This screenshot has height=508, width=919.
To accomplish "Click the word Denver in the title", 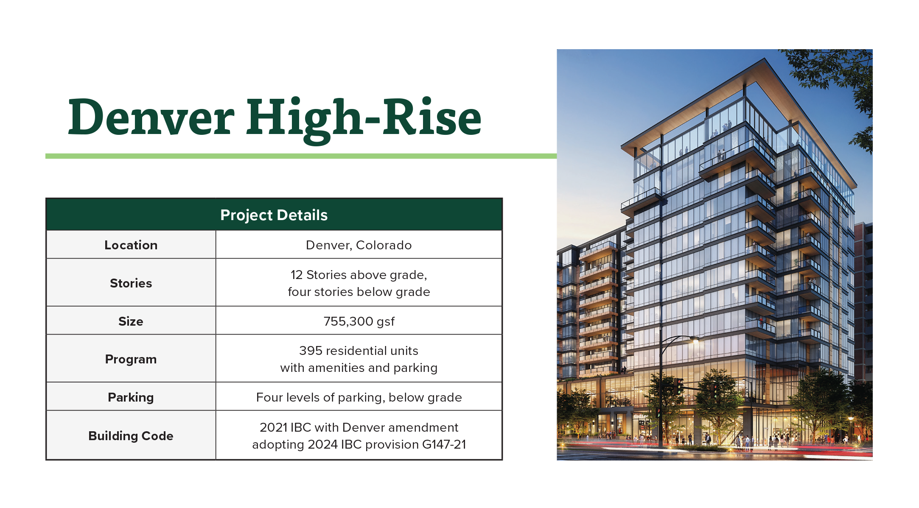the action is point(151,117).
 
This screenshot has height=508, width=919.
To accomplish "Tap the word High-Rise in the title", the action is point(364,120).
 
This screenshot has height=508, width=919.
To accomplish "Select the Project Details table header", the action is point(274,215).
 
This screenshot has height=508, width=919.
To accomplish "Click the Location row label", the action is point(131,245).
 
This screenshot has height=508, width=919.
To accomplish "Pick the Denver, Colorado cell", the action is point(359,245).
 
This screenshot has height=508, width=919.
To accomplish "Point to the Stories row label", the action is point(131,283).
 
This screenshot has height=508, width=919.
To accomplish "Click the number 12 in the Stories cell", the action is point(297,275).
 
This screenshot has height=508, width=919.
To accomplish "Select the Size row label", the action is point(131,321).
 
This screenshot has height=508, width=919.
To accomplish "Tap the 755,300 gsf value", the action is point(359,321).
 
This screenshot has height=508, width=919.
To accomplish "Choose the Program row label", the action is point(131,359).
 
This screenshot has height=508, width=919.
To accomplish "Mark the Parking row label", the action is point(131,397).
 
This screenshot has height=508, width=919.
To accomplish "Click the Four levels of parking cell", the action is point(359,397).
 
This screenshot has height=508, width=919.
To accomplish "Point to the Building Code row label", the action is point(131,436).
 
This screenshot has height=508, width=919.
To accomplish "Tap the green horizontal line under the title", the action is point(301,156).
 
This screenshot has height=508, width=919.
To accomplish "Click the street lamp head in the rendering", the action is point(695,339).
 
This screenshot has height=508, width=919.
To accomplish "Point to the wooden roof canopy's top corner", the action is point(765,58).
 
